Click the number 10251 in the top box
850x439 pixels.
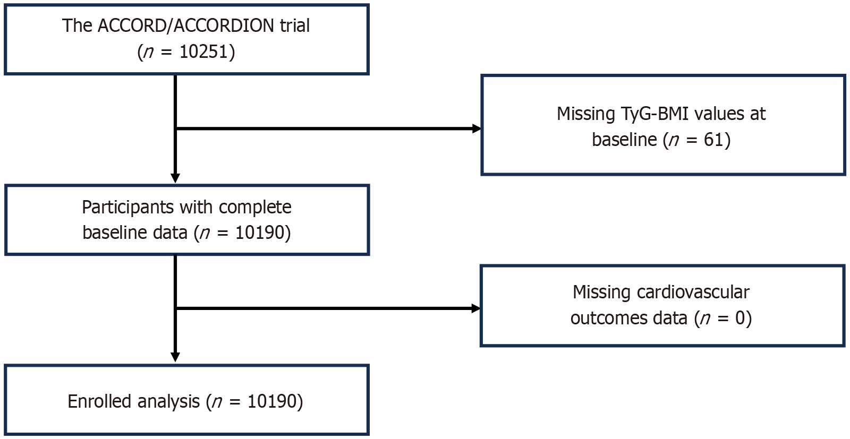coord(204,51)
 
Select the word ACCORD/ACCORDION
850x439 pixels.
coord(186,26)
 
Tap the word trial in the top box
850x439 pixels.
coord(295,25)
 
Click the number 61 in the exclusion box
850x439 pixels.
coord(714,140)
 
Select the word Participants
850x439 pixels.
coord(128,208)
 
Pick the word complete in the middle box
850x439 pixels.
coord(255,208)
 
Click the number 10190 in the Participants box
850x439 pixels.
coord(260,233)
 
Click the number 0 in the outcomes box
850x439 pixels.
coord(741,317)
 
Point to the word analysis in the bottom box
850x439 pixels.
coord(168,402)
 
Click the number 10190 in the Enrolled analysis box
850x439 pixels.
coord(271,401)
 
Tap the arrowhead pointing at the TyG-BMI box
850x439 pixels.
coord(477,129)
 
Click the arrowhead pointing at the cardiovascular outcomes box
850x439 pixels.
coord(476,308)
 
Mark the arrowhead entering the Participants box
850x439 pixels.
coord(175,178)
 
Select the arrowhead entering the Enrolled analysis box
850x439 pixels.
coord(175,357)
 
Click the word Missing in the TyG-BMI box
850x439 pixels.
coord(585,114)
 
